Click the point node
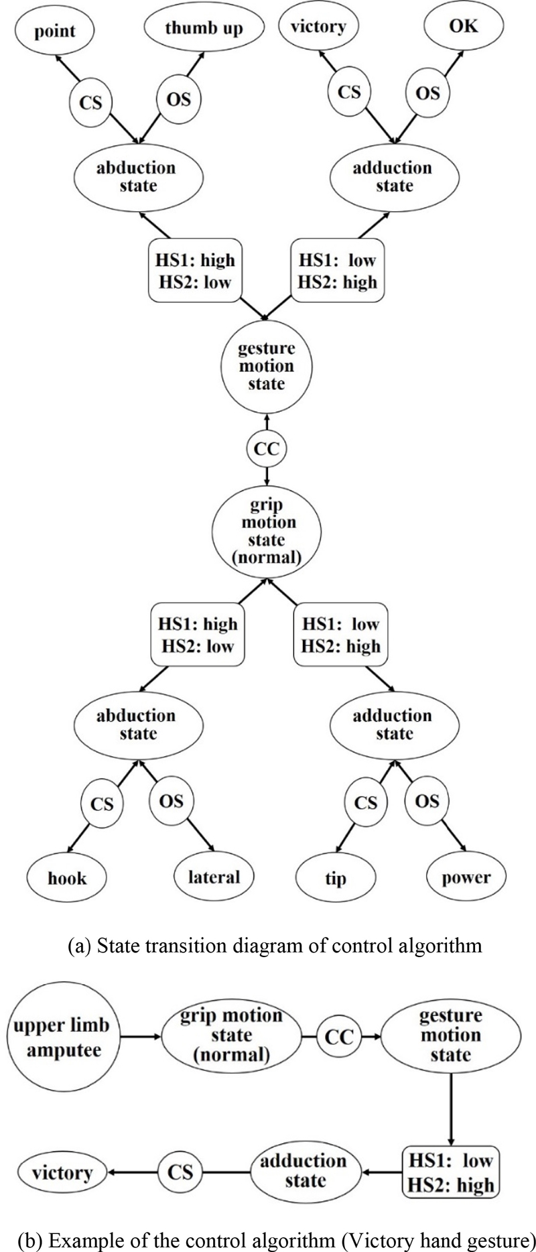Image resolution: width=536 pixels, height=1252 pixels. tap(56, 32)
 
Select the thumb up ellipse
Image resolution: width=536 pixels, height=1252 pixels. tap(204, 28)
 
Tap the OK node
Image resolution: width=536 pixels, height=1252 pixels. tap(463, 26)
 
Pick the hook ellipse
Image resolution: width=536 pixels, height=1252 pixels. tap(67, 877)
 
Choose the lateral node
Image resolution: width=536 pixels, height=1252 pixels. tap(214, 876)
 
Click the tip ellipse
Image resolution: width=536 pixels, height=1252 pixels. tap(336, 878)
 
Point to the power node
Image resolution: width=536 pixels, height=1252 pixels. tap(466, 877)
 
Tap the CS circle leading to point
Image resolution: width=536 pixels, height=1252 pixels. tap(90, 103)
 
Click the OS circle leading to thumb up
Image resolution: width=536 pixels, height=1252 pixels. tap(178, 99)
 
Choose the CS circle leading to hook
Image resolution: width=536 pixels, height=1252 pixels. tap(101, 803)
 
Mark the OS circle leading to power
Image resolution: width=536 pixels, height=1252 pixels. tap(427, 801)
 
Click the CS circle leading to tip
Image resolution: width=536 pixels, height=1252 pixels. tap(366, 802)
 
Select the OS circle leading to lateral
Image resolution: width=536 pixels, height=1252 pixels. tap(172, 801)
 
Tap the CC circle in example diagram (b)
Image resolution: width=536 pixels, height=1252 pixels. tap(338, 1037)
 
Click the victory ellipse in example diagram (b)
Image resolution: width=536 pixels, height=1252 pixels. tap(62, 1173)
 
